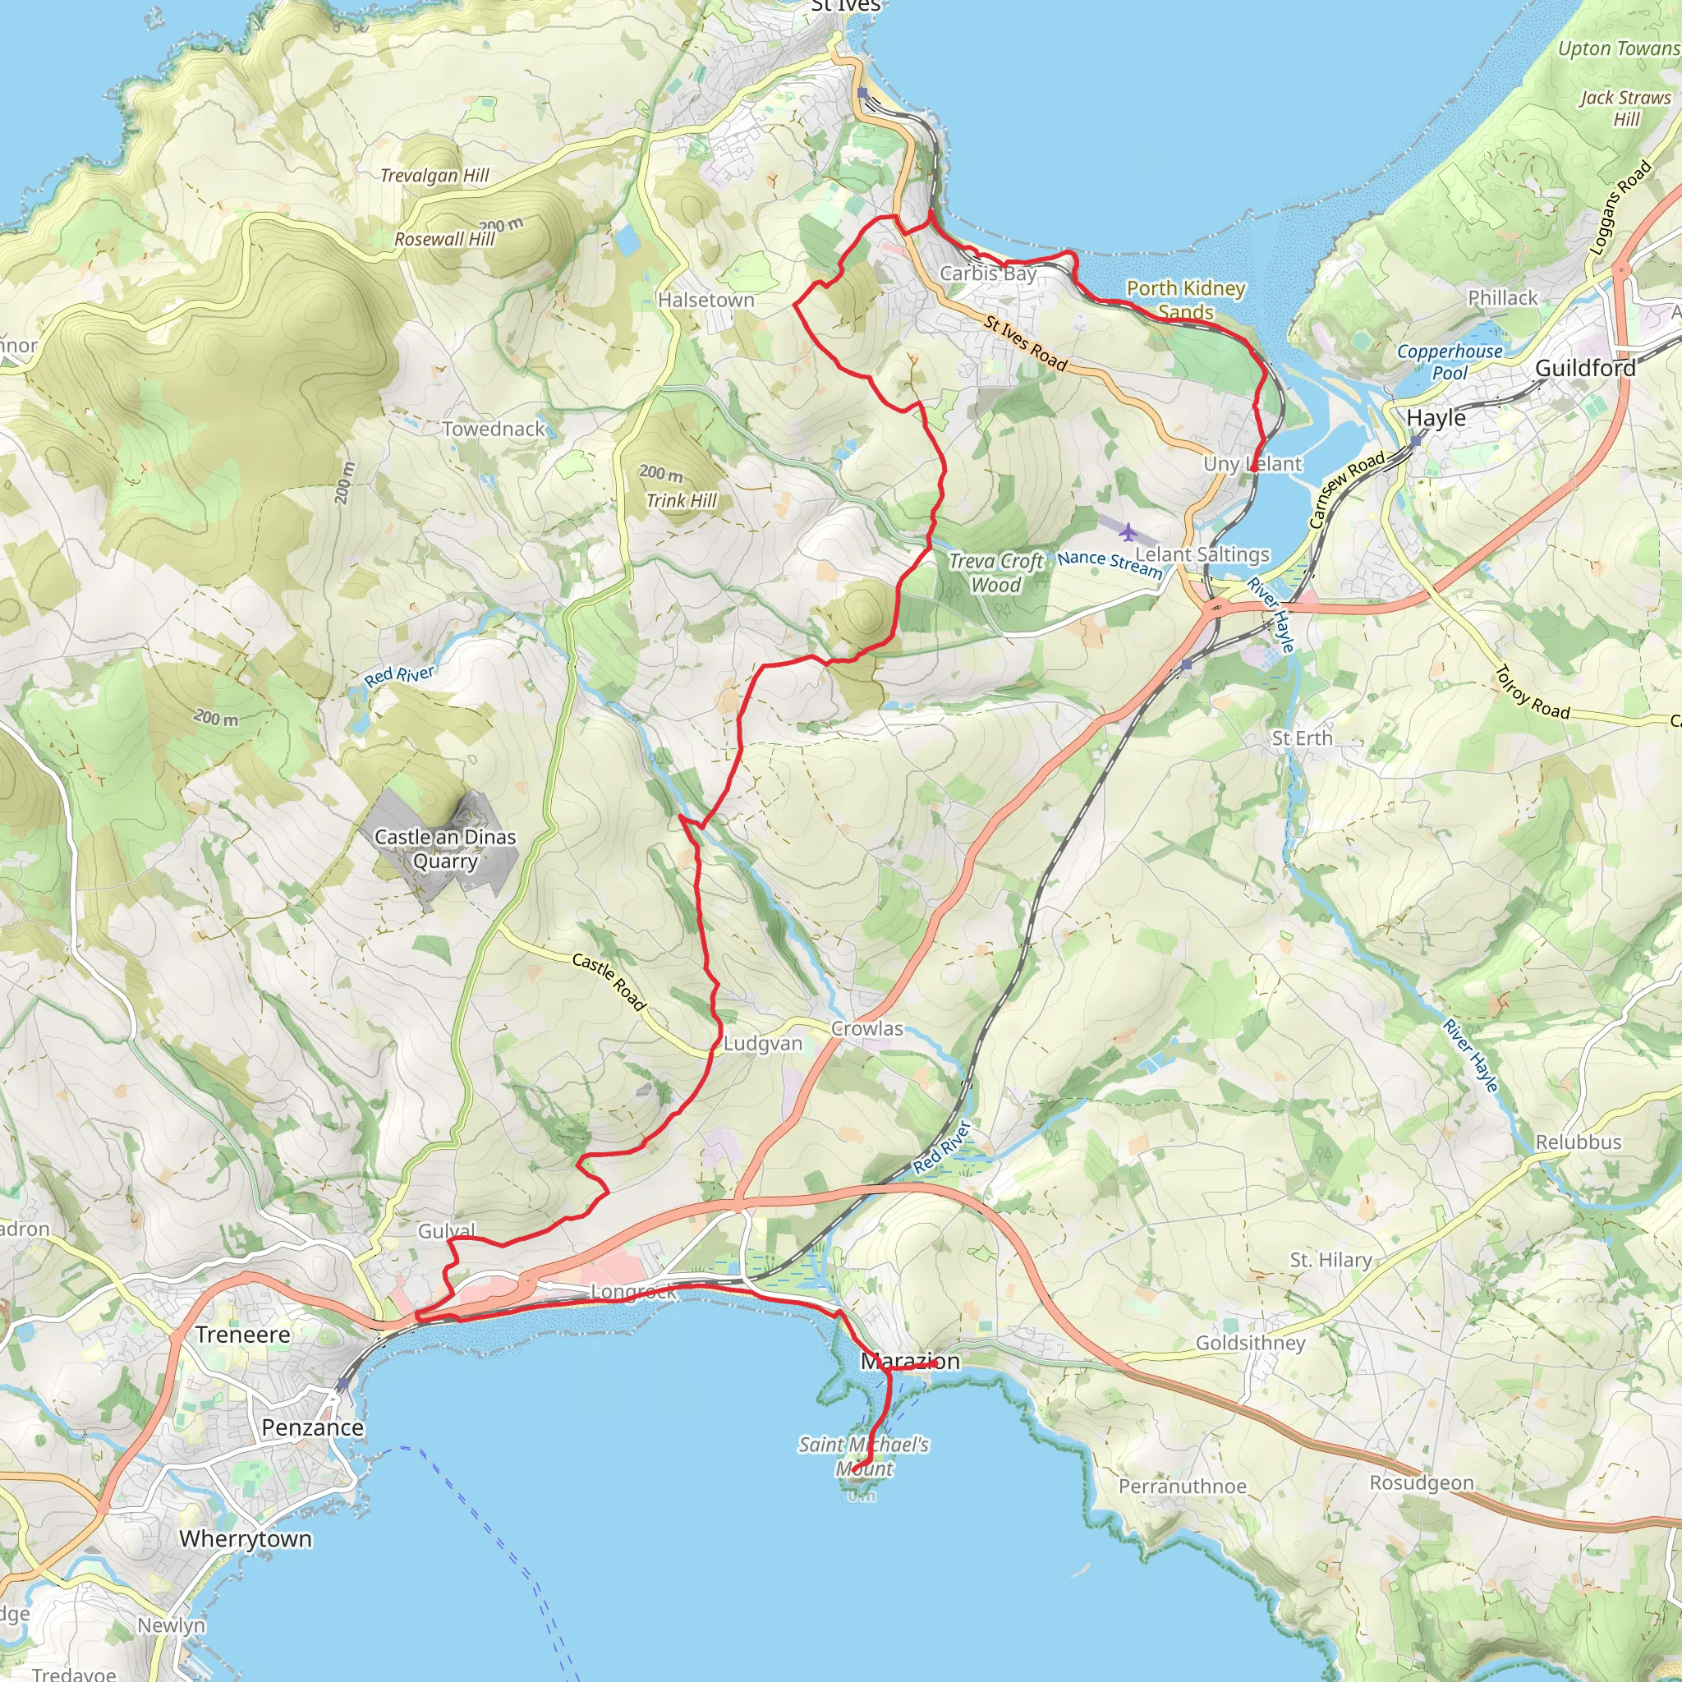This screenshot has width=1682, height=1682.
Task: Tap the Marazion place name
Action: point(911,1361)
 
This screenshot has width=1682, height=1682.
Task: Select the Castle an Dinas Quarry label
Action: point(445,849)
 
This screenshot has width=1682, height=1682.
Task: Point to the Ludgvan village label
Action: point(763,1043)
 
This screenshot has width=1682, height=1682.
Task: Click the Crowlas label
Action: point(867,1028)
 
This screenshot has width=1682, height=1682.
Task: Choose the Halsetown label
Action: point(706,300)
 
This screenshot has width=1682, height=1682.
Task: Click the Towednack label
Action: point(494,429)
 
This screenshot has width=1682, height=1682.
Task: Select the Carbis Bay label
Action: point(988,273)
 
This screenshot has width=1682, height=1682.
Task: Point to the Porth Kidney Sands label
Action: point(1186,300)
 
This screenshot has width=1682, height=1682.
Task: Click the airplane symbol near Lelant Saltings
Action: point(1128,531)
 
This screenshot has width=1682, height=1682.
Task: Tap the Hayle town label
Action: point(1436,418)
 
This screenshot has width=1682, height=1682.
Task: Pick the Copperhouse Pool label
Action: point(1450,362)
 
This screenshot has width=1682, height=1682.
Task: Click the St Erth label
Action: point(1302,738)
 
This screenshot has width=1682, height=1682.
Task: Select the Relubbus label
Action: point(1579,1142)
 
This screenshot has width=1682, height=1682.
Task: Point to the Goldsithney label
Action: point(1250,1343)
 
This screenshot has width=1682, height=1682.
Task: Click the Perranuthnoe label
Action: point(1183,1486)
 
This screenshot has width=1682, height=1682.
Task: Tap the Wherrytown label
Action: point(246,1538)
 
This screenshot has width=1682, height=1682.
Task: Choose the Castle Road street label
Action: point(609,982)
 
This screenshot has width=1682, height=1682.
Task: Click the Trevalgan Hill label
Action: point(435,175)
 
